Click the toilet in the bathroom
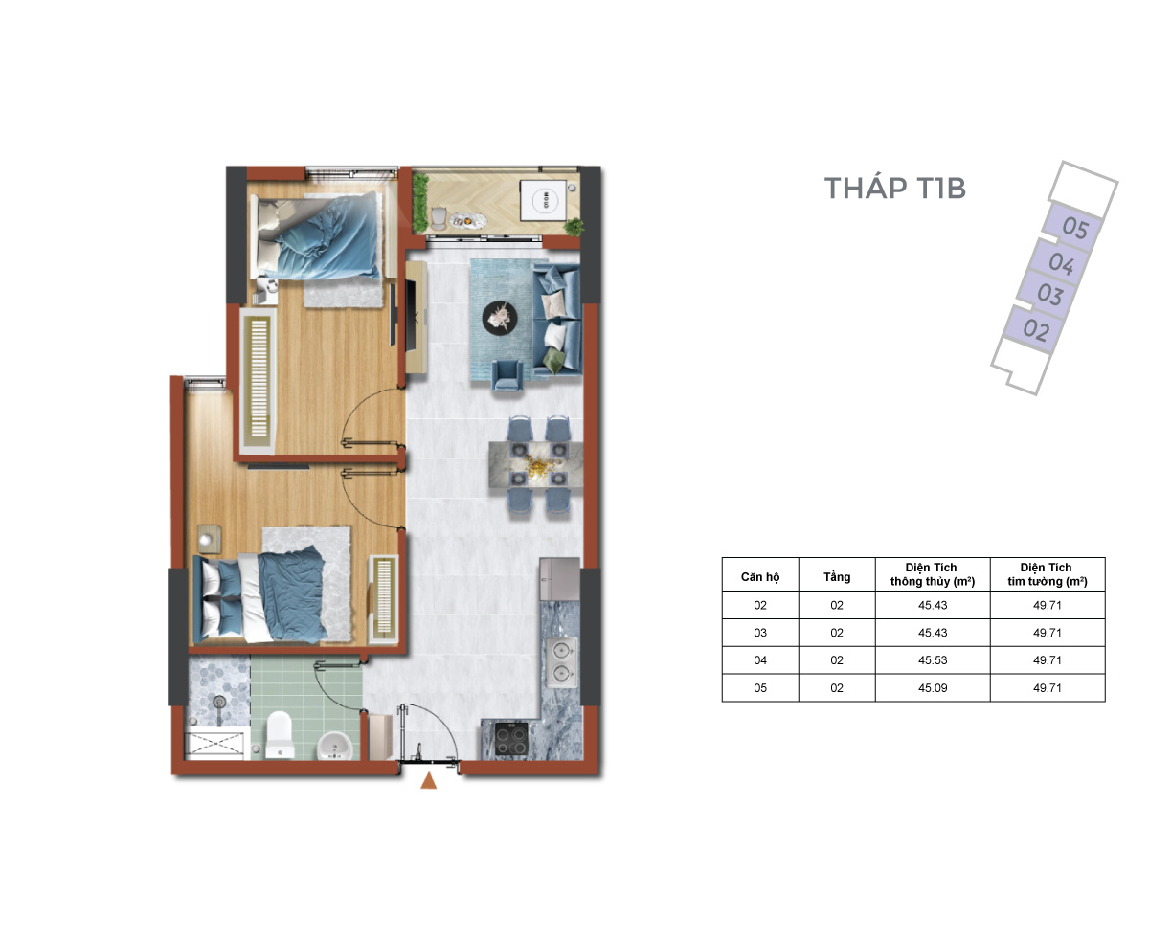(x=280, y=734)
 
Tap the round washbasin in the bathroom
(x=334, y=745)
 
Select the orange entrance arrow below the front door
(x=428, y=780)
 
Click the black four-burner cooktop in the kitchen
(x=511, y=738)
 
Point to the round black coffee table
(x=500, y=318)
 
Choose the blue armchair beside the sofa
(x=507, y=375)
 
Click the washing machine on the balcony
(x=543, y=199)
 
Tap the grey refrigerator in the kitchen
(x=559, y=578)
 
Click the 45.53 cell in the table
(x=932, y=659)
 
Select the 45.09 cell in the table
(x=932, y=687)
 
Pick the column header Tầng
(x=836, y=576)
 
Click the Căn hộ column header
(x=759, y=576)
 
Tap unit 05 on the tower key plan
(x=1073, y=227)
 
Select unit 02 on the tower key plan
(x=1035, y=329)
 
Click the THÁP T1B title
(x=894, y=188)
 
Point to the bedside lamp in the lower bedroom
(x=206, y=540)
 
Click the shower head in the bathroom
(x=219, y=703)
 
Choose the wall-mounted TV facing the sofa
(x=393, y=314)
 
